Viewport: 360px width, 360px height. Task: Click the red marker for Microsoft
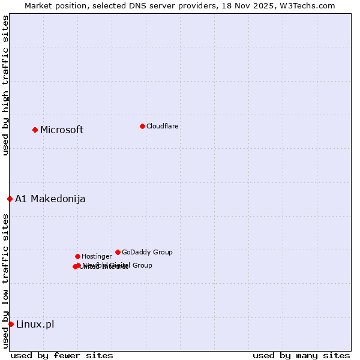[35, 130]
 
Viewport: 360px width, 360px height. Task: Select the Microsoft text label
[62, 130]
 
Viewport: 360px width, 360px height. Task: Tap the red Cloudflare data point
[142, 126]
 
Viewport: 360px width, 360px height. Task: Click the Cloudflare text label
[162, 127]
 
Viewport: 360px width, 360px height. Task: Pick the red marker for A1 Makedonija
[10, 199]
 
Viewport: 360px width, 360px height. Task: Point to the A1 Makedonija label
[50, 199]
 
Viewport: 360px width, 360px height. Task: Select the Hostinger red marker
[77, 256]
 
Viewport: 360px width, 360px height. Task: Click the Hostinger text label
[97, 257]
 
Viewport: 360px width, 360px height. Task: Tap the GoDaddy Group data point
[118, 252]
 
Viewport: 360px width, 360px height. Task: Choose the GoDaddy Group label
[147, 253]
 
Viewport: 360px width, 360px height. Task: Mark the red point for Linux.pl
[11, 324]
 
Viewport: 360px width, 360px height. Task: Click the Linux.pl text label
[35, 325]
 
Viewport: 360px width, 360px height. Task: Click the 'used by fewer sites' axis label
[62, 355]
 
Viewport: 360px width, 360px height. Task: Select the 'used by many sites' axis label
[301, 355]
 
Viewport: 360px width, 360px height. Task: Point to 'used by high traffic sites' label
[5, 85]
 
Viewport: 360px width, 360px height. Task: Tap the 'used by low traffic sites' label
[5, 281]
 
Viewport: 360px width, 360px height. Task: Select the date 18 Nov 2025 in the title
[256, 5]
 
